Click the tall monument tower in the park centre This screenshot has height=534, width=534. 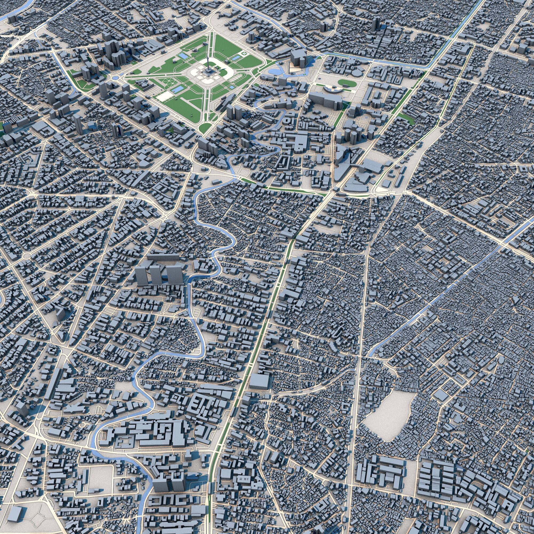pyautogui.click(x=207, y=66)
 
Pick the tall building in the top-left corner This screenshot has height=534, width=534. pyautogui.click(x=12, y=19)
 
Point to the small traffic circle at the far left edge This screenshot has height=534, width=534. pyautogui.click(x=27, y=256)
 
